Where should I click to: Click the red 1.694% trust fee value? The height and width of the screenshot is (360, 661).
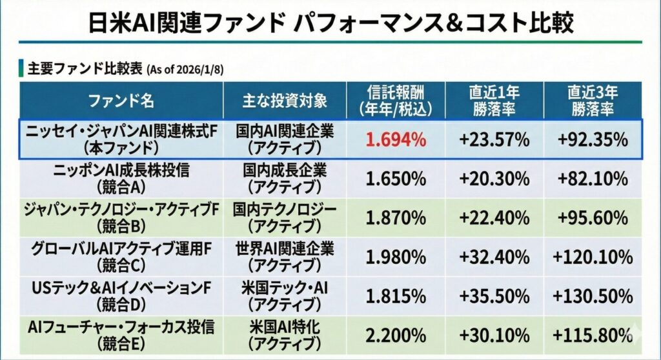(395, 139)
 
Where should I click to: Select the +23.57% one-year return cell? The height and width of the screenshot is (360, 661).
(494, 139)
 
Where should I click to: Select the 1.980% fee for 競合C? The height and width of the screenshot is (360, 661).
(395, 257)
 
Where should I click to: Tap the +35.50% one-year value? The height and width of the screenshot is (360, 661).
(494, 296)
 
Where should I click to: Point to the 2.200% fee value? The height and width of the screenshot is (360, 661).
(395, 335)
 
